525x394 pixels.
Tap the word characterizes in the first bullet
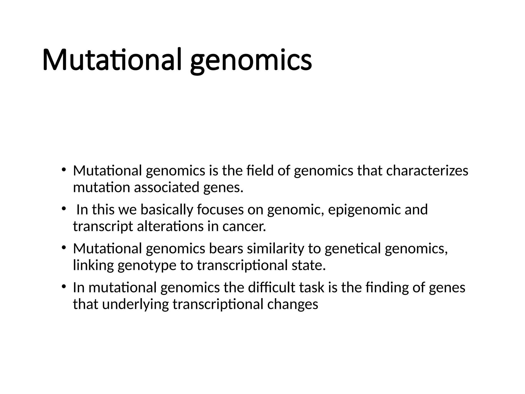coord(427,171)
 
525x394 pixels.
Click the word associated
coord(166,187)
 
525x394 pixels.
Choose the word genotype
coord(147,265)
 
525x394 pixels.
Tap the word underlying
coord(135,304)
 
